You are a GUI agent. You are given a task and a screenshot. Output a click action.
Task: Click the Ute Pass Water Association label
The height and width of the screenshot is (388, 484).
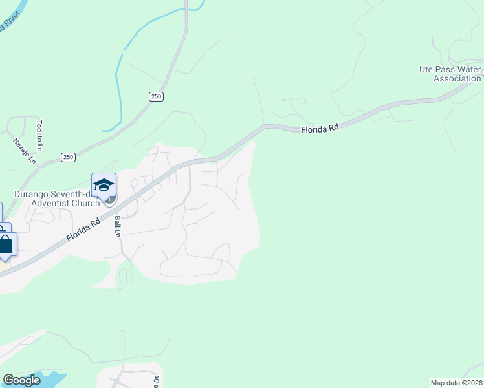(450, 74)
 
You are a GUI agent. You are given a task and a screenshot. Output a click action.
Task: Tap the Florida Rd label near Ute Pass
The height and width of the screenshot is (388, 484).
(320, 129)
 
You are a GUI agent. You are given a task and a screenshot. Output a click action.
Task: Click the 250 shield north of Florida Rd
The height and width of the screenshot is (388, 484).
(157, 96)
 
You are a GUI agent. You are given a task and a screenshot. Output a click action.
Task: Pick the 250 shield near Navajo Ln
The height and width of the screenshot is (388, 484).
(69, 157)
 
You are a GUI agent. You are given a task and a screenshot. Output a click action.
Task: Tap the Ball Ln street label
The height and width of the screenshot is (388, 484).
(118, 226)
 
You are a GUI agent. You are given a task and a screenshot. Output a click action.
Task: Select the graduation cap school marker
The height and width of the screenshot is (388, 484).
(104, 185)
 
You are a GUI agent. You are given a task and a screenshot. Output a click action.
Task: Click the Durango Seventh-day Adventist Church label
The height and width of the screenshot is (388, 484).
(57, 199)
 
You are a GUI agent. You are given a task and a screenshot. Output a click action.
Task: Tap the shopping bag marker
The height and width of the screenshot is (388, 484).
(6, 246)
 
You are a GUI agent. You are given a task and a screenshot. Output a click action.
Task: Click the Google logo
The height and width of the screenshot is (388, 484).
(21, 380)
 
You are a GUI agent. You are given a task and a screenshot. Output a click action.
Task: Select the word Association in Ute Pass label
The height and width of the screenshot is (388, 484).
(457, 78)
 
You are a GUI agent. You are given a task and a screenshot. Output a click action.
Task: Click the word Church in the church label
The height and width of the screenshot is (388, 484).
(87, 203)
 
